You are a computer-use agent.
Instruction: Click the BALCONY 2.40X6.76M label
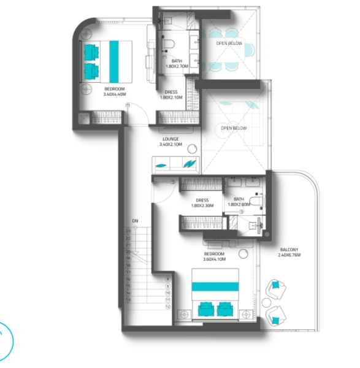(x=289, y=252)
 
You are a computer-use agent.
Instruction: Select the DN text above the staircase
(x=134, y=221)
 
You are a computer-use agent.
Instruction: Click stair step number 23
(x=129, y=231)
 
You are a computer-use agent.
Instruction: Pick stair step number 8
(x=167, y=279)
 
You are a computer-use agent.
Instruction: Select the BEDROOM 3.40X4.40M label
(x=115, y=92)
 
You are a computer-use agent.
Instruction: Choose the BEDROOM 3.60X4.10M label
(x=214, y=256)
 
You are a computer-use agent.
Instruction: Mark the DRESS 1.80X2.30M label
(x=202, y=202)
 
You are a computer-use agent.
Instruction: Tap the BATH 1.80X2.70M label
(x=177, y=64)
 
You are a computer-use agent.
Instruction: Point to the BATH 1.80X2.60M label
(x=239, y=202)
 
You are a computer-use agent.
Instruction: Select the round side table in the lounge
(x=193, y=148)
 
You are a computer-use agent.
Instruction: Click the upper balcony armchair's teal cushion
(x=277, y=285)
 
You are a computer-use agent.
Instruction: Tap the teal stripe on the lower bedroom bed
(x=215, y=286)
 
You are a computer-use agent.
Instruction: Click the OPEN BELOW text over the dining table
(x=229, y=44)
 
